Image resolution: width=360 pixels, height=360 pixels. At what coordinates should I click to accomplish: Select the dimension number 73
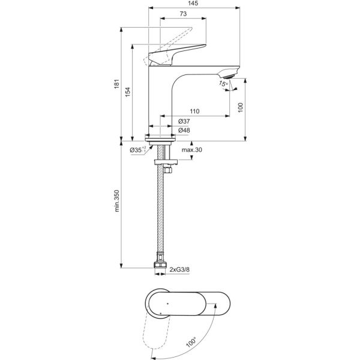[182, 15]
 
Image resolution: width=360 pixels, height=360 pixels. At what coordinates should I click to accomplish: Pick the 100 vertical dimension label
[240, 107]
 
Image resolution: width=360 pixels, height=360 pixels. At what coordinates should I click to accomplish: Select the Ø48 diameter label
[184, 131]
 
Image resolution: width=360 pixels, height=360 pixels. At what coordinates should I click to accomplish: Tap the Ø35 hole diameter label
[137, 150]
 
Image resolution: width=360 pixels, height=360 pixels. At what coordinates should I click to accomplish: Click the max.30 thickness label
[191, 150]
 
